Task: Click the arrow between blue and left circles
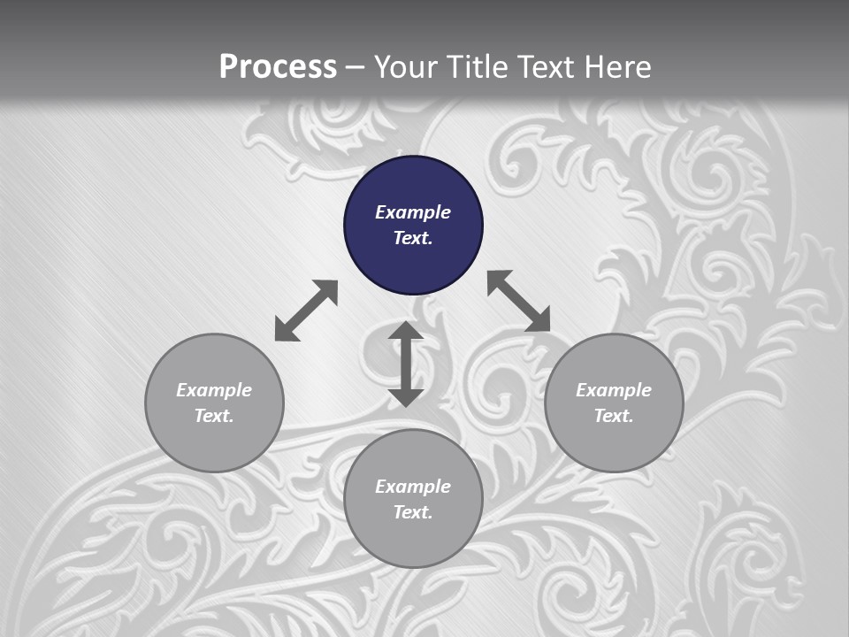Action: click(x=306, y=311)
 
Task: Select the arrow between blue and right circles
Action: click(x=518, y=301)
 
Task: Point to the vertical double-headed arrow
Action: click(x=406, y=364)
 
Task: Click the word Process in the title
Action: click(x=278, y=67)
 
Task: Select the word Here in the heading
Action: click(x=617, y=67)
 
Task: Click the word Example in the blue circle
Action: click(x=413, y=212)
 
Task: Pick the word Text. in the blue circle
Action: click(x=413, y=238)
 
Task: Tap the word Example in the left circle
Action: click(x=214, y=390)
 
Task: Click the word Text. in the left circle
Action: click(x=214, y=416)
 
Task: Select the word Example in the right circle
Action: click(x=614, y=390)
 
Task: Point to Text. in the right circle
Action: click(x=614, y=416)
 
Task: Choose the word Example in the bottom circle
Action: click(x=413, y=487)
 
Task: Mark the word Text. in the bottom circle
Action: click(x=413, y=512)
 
